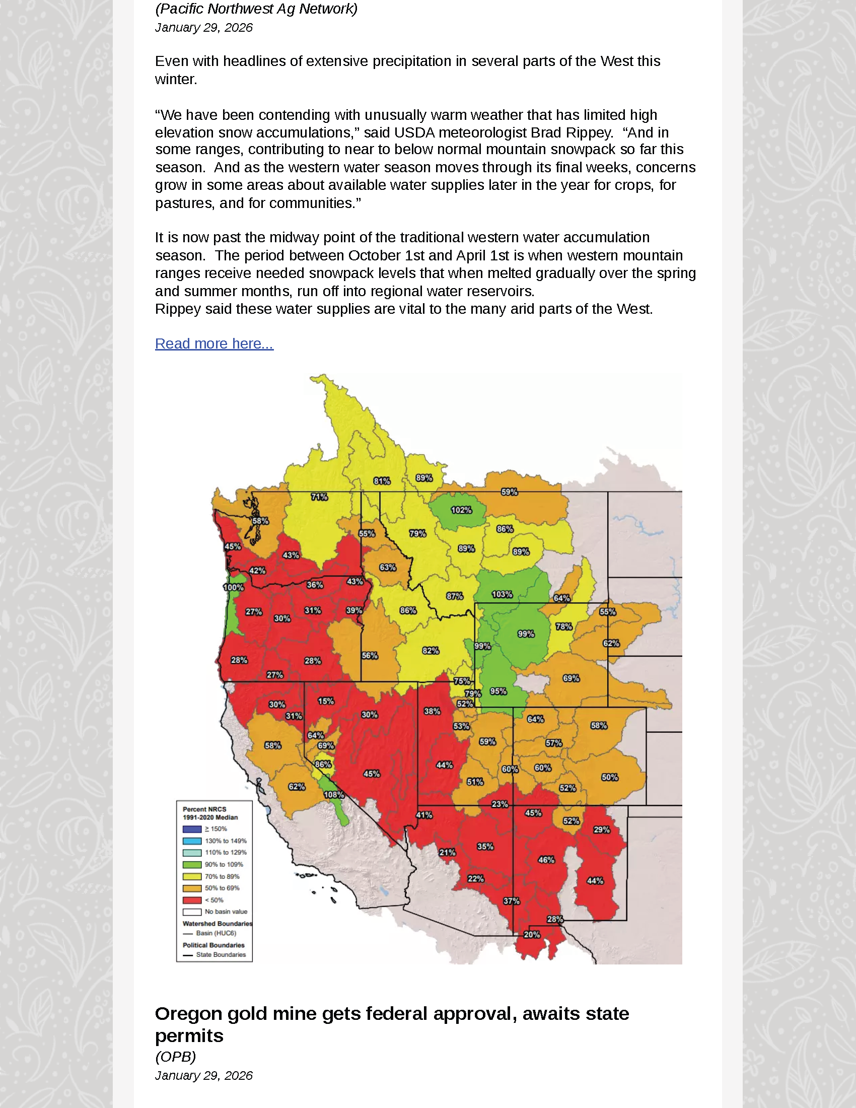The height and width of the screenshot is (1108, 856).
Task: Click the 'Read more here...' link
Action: point(214,343)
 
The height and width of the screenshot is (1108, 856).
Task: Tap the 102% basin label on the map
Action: point(461,510)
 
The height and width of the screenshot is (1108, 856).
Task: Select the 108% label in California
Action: point(334,794)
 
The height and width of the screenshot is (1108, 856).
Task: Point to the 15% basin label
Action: point(326,701)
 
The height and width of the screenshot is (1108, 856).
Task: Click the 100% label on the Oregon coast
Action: point(233,587)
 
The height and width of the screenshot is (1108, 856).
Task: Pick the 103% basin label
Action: point(502,594)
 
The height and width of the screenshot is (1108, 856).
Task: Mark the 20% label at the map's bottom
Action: point(531,934)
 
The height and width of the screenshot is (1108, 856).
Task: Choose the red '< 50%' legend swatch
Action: point(192,900)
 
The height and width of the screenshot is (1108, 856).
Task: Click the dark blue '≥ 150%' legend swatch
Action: point(192,829)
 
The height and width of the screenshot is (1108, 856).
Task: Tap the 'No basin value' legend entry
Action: point(226,912)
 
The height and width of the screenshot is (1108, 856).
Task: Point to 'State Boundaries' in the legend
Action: point(221,955)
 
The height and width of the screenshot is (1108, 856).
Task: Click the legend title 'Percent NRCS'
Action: point(204,809)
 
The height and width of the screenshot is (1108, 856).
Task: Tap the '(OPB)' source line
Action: point(175,1057)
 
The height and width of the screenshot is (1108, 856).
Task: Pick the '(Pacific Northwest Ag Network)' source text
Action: point(256,9)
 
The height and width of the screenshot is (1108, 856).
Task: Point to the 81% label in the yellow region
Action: point(381,481)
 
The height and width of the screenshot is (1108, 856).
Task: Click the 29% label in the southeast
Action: point(601,829)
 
